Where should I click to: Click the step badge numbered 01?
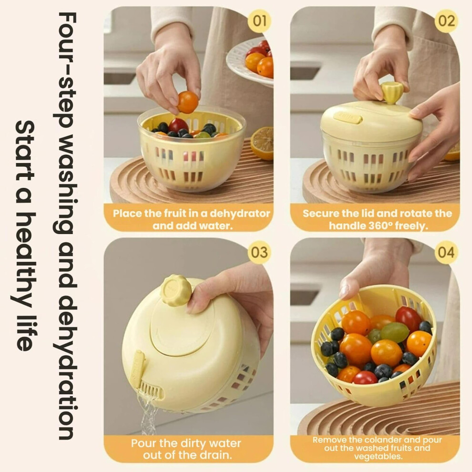pyautogui.click(x=259, y=21)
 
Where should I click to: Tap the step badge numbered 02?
pyautogui.click(x=446, y=21)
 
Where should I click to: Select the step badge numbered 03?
pyautogui.click(x=259, y=252)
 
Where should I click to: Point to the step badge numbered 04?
pyautogui.click(x=446, y=252)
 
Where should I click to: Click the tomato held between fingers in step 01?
pyautogui.click(x=188, y=103)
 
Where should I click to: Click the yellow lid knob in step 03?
pyautogui.click(x=176, y=290)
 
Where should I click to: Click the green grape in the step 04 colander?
pyautogui.click(x=394, y=332)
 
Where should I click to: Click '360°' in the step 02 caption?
pyautogui.click(x=380, y=226)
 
